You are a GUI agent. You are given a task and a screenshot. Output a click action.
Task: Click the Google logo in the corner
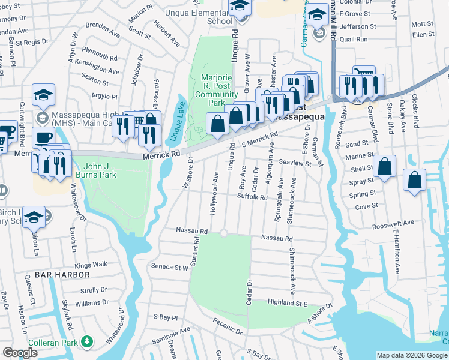coord(20,353)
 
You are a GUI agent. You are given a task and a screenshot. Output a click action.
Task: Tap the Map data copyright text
coord(411,355)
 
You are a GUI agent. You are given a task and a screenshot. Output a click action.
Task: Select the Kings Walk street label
coord(91,264)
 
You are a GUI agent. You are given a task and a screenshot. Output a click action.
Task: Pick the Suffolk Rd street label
coord(252,196)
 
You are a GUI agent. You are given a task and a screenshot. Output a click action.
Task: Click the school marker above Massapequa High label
coord(43,95)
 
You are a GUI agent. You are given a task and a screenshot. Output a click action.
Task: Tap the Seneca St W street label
coord(170,266)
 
